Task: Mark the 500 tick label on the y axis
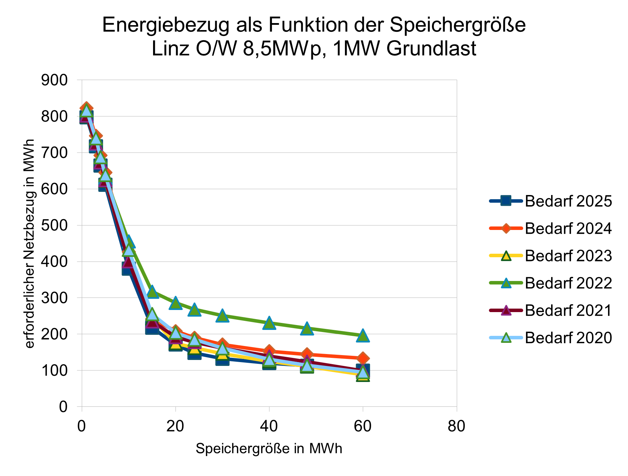pos(54,225)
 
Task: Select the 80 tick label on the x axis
pos(456,427)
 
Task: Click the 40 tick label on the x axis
pos(269,427)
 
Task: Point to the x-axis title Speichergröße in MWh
pos(269,449)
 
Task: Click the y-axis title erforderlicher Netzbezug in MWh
pos(30,244)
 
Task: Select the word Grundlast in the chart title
pos(431,49)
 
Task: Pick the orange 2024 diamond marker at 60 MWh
pos(363,358)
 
